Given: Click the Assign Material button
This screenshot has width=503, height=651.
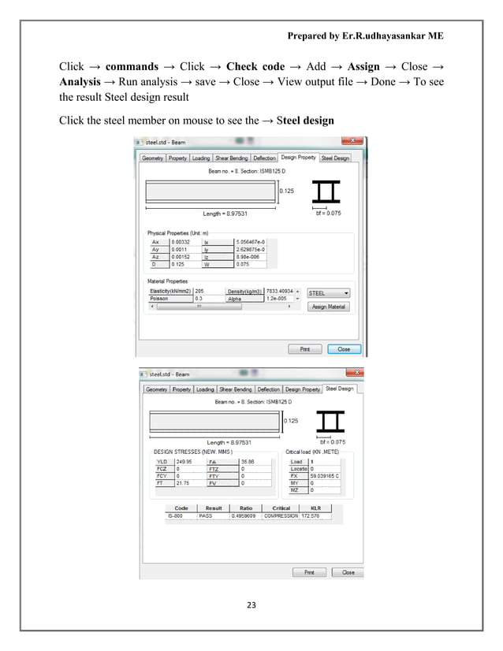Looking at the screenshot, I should (x=328, y=307).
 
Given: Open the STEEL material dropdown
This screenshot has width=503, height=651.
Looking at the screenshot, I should (x=328, y=292).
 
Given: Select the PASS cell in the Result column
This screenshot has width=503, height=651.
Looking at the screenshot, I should (x=214, y=516).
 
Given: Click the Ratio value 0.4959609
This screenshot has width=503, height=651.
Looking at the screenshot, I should (x=245, y=516).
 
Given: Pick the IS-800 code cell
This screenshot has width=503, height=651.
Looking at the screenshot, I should (x=181, y=516).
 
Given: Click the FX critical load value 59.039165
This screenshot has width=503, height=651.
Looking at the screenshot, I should (x=325, y=476).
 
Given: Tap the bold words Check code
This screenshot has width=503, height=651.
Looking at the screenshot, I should (x=255, y=66).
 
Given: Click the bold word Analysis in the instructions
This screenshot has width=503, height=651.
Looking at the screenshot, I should (x=84, y=83).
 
